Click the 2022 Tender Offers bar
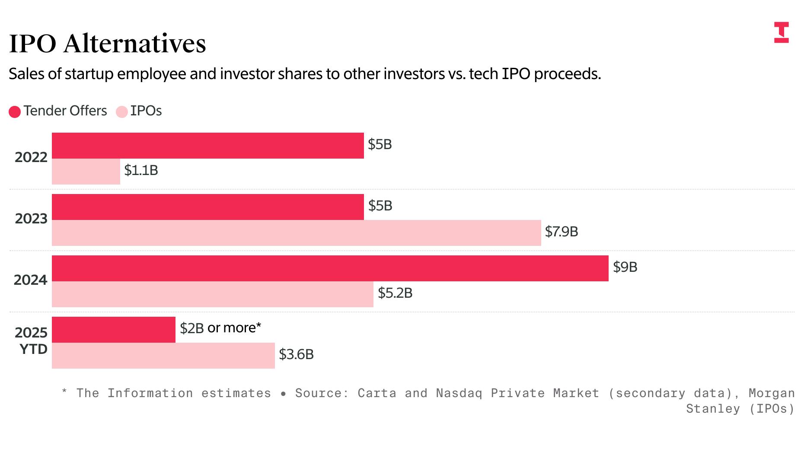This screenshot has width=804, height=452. tap(207, 146)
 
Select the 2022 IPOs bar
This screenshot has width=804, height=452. tap(86, 172)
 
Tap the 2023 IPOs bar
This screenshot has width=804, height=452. tap(296, 233)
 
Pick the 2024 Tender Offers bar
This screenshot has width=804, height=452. tap(330, 268)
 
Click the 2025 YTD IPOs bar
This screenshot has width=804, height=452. tap(163, 356)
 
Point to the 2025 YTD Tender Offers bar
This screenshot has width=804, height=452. tap(113, 330)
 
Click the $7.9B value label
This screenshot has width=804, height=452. tap(561, 232)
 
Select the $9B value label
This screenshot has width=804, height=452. tap(625, 267)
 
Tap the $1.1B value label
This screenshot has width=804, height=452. tap(141, 171)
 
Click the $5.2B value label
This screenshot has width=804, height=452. tap(395, 293)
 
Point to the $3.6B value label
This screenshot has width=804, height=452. tap(296, 355)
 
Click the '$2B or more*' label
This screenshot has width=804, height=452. tap(220, 328)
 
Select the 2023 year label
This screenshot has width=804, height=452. tap(31, 219)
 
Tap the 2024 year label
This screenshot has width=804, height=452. tap(30, 280)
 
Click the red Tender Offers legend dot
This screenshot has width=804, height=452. tap(15, 112)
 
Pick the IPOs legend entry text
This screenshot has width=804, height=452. tap(146, 111)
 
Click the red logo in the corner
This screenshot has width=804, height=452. tap(781, 32)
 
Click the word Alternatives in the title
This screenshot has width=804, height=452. tap(134, 44)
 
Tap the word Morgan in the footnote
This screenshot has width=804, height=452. tap(771, 393)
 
